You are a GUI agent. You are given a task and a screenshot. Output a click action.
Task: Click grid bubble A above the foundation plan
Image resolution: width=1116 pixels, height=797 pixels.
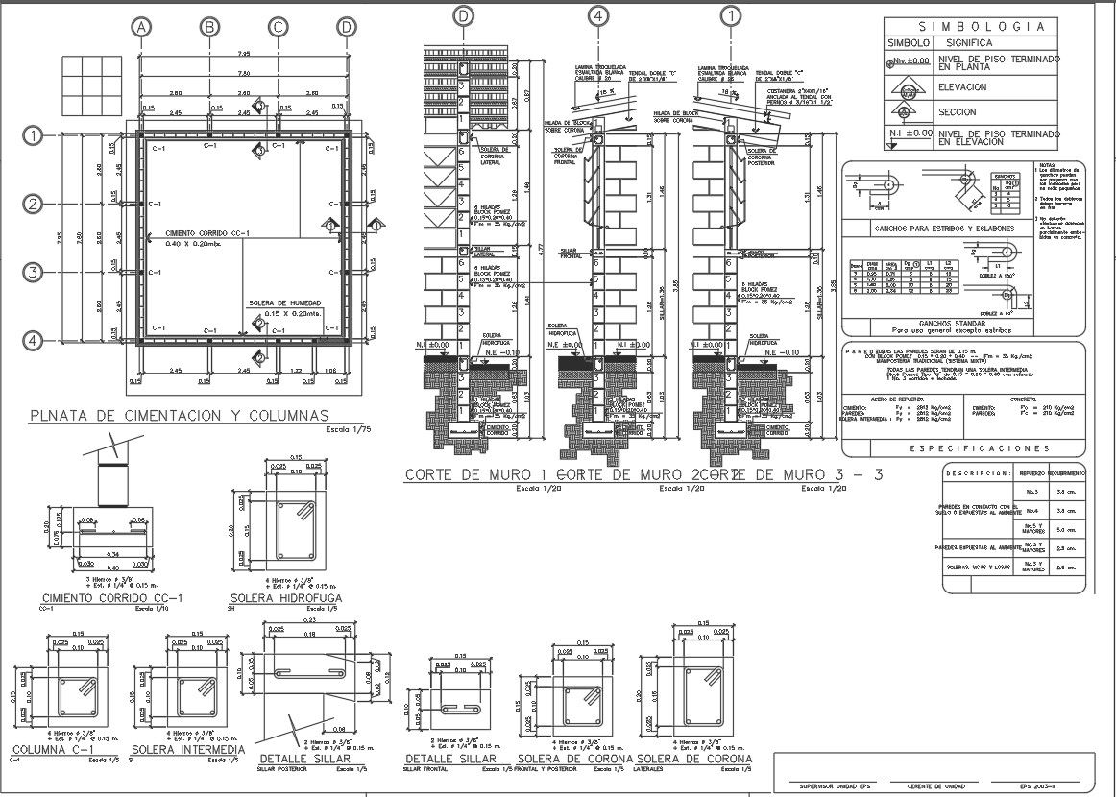pyautogui.click(x=142, y=27)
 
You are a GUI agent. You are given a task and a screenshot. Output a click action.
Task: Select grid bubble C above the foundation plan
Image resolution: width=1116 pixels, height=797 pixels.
pyautogui.click(x=278, y=27)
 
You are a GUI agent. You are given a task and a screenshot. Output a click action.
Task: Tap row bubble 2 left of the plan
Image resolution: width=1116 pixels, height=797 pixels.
pyautogui.click(x=34, y=204)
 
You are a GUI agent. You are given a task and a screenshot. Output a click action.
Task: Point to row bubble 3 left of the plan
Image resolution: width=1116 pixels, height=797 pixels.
pyautogui.click(x=34, y=273)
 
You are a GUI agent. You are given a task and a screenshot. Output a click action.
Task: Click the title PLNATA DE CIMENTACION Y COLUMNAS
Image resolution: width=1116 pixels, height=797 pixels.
pyautogui.click(x=179, y=416)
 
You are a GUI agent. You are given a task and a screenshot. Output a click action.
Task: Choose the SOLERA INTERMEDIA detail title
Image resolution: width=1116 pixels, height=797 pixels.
pyautogui.click(x=188, y=749)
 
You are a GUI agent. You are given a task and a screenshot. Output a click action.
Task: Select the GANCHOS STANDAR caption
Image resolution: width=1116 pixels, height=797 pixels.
pyautogui.click(x=963, y=323)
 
